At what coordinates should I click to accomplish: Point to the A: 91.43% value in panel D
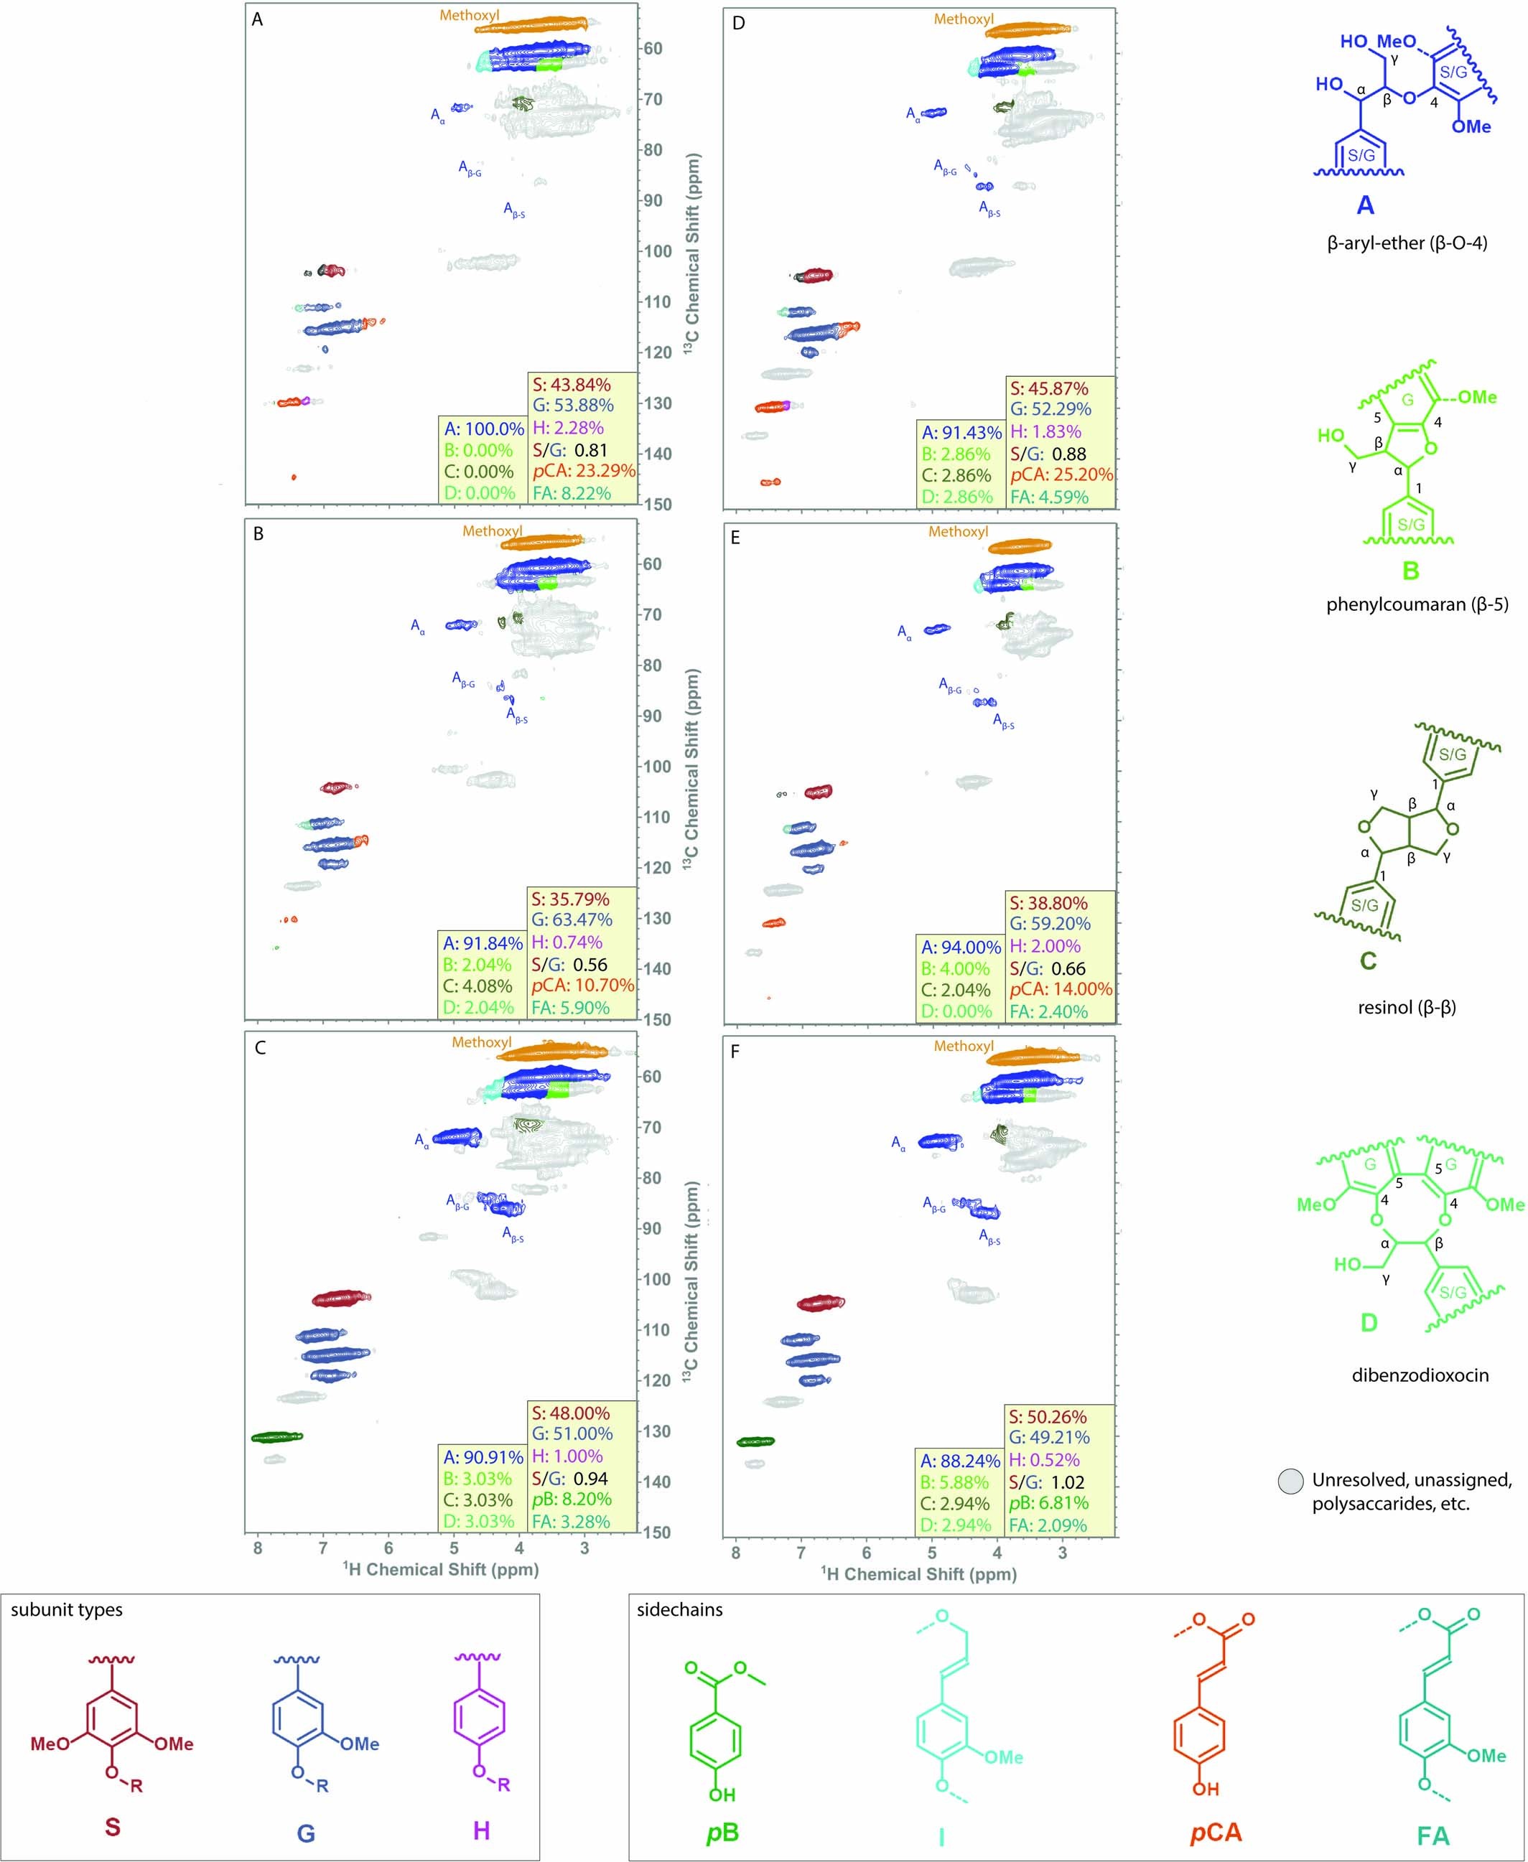coord(961,433)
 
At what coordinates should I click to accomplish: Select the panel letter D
coord(737,23)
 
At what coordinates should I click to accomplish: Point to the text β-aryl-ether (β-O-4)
coord(1407,243)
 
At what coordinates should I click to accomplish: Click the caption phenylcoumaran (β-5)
coord(1417,604)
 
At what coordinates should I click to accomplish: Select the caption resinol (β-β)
coord(1407,1008)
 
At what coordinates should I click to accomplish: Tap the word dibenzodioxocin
coord(1420,1375)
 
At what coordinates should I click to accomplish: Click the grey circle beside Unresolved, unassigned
coord(1291,1481)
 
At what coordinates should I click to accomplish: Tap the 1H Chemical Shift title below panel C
coord(440,1569)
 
